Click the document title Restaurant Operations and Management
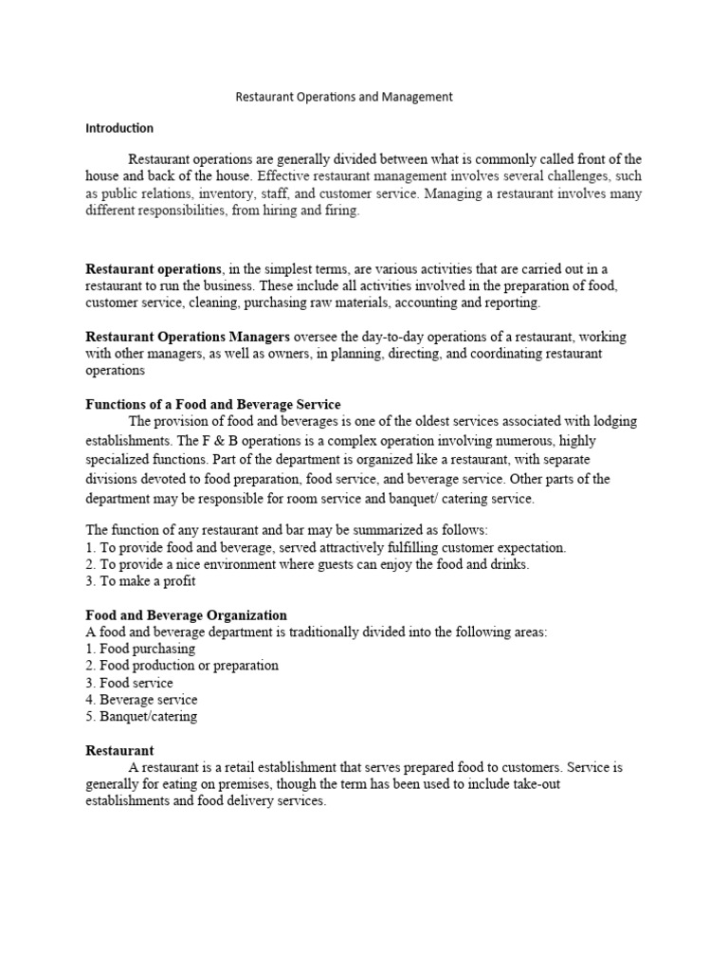pyautogui.click(x=343, y=97)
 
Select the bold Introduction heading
pyautogui.click(x=119, y=128)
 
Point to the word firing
pyautogui.click(x=340, y=211)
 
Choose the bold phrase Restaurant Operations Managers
pyautogui.click(x=188, y=337)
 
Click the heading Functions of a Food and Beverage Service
pyautogui.click(x=213, y=405)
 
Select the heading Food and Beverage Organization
pyautogui.click(x=186, y=615)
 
